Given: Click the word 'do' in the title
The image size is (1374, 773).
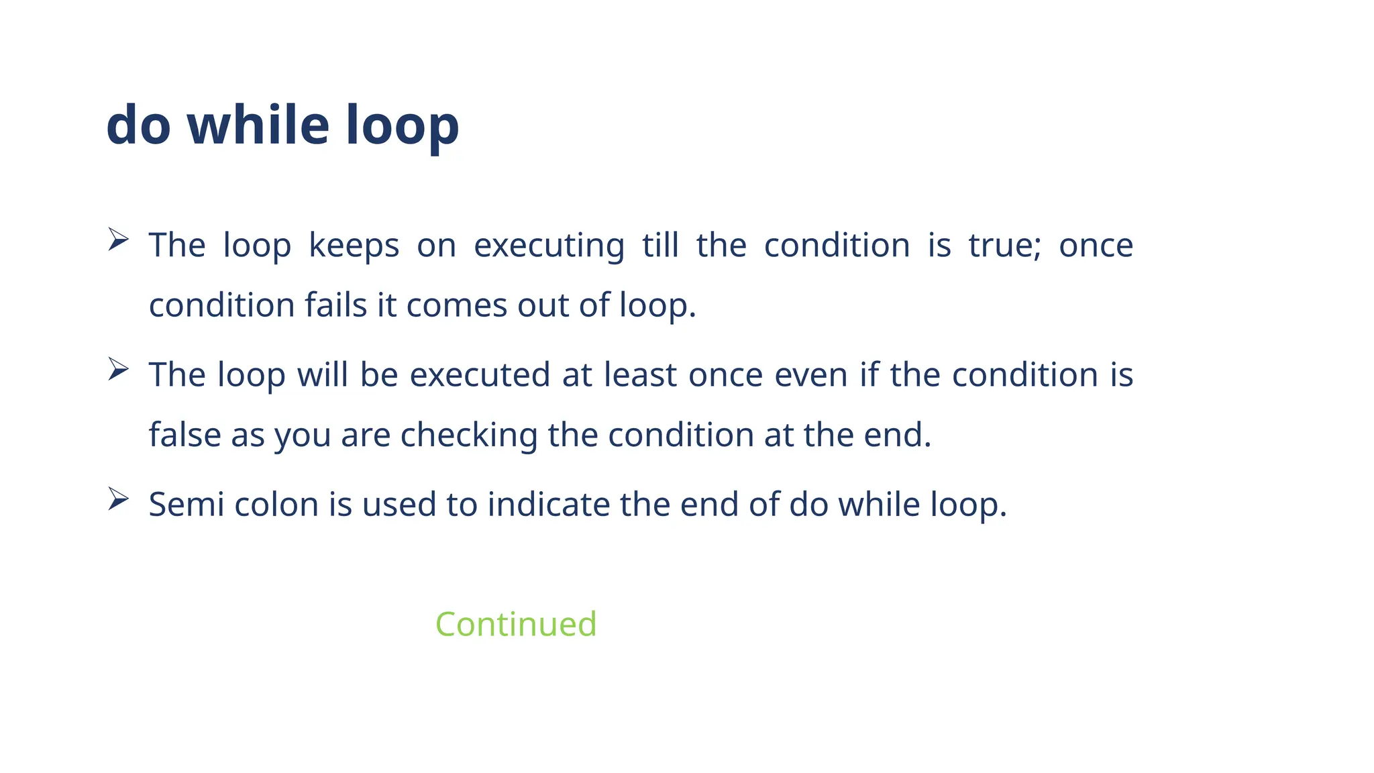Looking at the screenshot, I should [138, 125].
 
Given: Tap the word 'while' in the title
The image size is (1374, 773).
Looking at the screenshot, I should [258, 125].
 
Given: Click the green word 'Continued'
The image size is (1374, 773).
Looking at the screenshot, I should [516, 624].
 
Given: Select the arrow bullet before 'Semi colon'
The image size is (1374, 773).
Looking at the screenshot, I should [118, 499].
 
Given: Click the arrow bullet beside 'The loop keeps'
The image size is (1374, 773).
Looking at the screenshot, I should [118, 240].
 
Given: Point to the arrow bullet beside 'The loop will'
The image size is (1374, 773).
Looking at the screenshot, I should [118, 369].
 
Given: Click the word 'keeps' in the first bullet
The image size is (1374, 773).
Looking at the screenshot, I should [354, 246].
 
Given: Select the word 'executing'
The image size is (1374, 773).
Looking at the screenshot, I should [549, 246].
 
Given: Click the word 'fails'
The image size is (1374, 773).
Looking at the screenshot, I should [336, 305].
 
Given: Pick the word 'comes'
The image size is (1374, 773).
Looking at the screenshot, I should [456, 305].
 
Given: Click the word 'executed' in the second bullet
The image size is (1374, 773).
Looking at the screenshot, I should [480, 375].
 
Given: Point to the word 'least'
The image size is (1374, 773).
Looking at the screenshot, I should [640, 375].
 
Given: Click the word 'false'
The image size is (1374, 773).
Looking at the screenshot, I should [184, 435].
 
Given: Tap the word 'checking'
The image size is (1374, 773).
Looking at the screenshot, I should [469, 435].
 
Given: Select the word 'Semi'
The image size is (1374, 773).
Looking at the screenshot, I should [187, 505].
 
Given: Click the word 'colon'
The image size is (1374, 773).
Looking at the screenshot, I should [276, 505].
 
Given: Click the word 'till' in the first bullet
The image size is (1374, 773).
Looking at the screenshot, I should [660, 246].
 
